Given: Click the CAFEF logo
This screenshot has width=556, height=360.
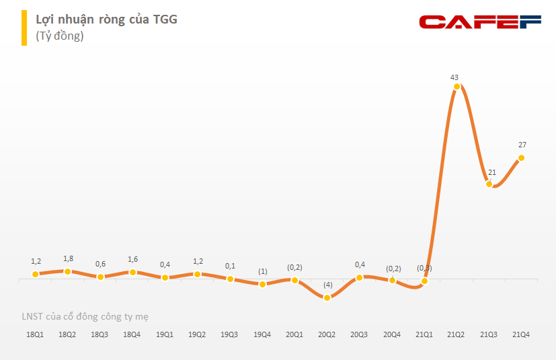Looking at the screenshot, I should [x=480, y=22].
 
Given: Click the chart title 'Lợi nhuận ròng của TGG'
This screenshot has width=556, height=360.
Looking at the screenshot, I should [x=106, y=19].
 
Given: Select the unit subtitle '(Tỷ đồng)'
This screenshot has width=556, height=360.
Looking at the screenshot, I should [x=59, y=36].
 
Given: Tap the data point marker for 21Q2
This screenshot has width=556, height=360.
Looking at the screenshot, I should [x=456, y=86].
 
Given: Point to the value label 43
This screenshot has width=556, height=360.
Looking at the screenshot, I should [x=454, y=77].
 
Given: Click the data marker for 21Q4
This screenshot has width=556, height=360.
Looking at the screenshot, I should [x=521, y=158].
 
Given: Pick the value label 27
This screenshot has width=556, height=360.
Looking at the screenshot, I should [x=522, y=145].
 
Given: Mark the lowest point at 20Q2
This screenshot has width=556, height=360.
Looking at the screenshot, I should [x=327, y=297].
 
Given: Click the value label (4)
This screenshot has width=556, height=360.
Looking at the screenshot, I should [x=327, y=285].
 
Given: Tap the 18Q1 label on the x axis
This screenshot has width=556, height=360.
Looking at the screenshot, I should [x=35, y=334].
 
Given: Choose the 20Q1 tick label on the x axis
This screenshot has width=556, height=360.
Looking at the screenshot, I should [x=294, y=334].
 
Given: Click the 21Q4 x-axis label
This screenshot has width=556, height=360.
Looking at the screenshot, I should [x=522, y=334].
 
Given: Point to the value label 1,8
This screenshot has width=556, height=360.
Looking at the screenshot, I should [x=68, y=258].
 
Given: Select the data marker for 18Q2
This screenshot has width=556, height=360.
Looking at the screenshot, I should [x=67, y=271].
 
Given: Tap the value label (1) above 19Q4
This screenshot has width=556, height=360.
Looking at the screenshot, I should [x=262, y=271].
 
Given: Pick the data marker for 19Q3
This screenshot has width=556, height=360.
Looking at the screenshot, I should [x=230, y=279].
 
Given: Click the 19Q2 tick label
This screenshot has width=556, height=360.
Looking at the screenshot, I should [x=197, y=334].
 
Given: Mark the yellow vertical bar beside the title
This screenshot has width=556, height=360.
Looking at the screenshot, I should [x=23, y=28].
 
